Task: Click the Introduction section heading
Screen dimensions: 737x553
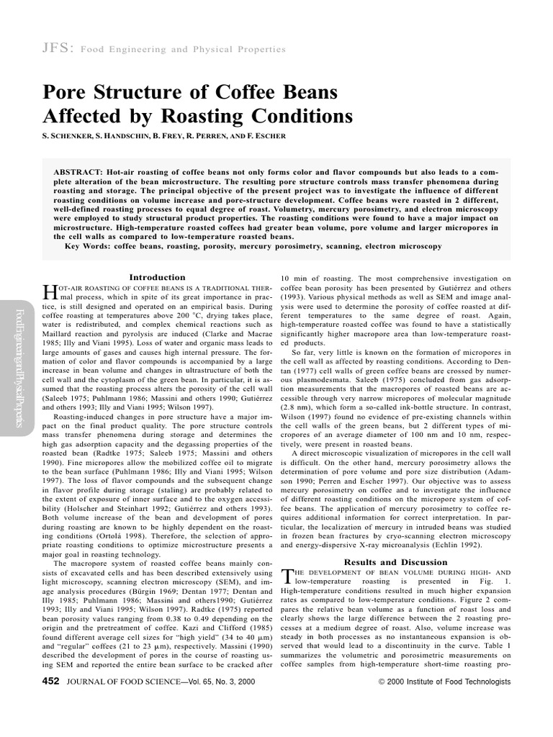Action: [156, 277]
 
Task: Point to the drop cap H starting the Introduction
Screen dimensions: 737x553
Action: [50, 291]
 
